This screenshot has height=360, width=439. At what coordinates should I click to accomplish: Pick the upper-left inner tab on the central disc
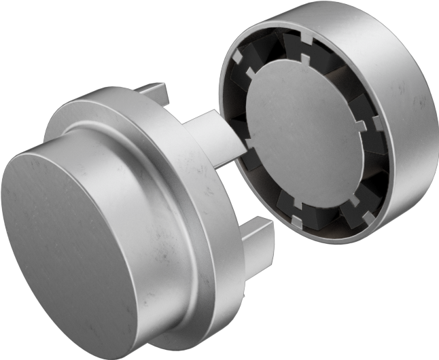click(x=250, y=72)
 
